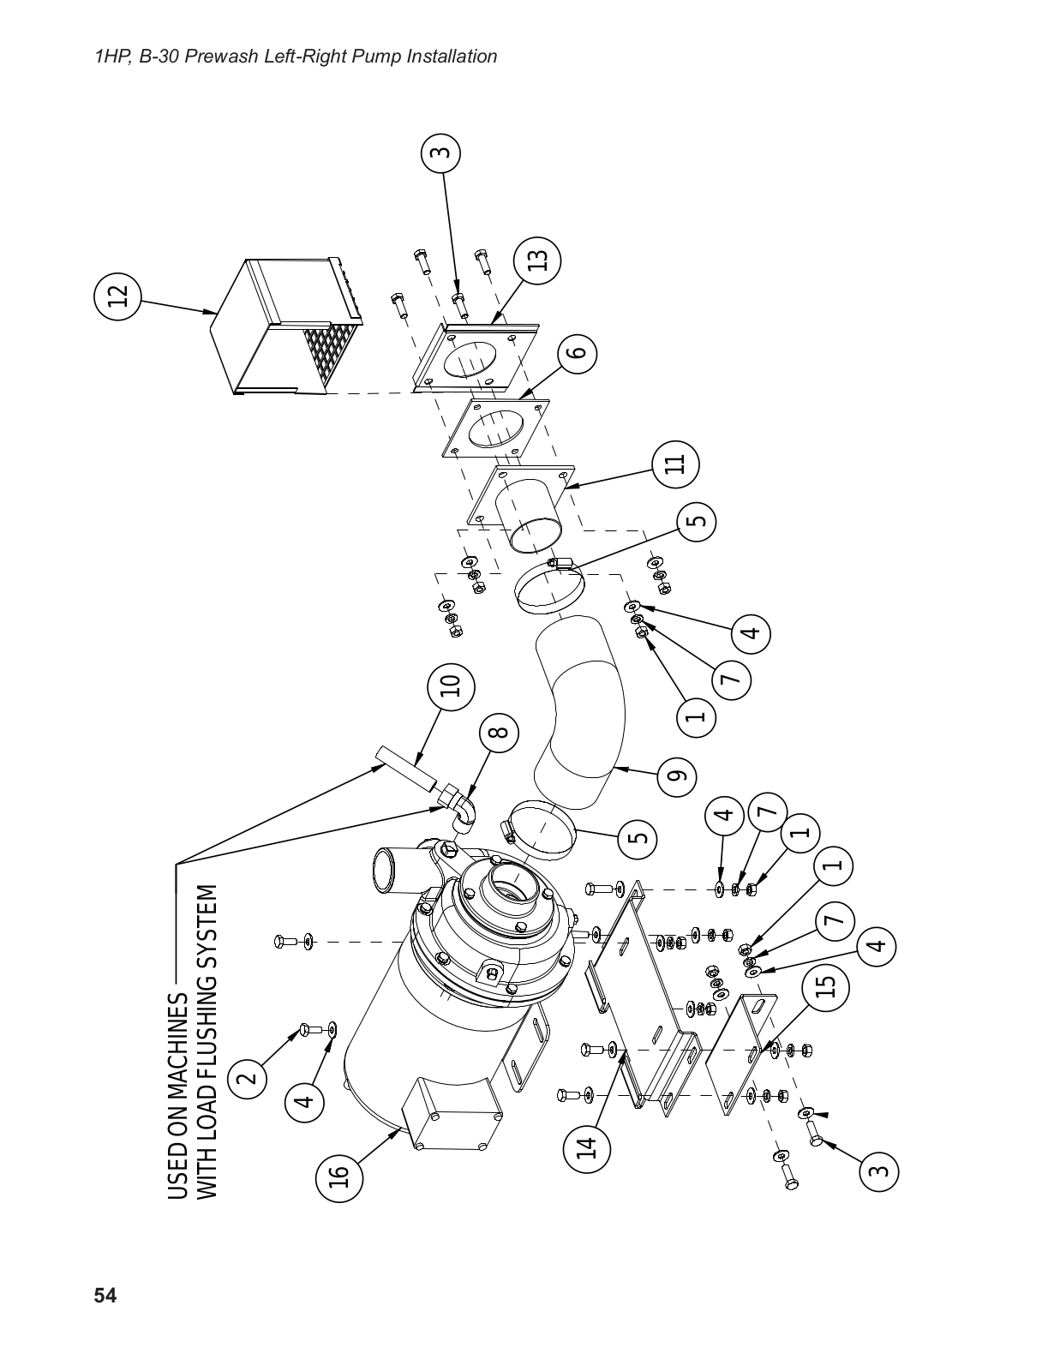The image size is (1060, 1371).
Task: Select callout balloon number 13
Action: coord(537,260)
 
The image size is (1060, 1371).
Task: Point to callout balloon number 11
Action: coord(675,464)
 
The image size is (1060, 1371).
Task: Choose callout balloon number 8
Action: coord(500,731)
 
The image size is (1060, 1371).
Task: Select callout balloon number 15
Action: coord(824,988)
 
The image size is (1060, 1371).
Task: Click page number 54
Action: coord(105,1295)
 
